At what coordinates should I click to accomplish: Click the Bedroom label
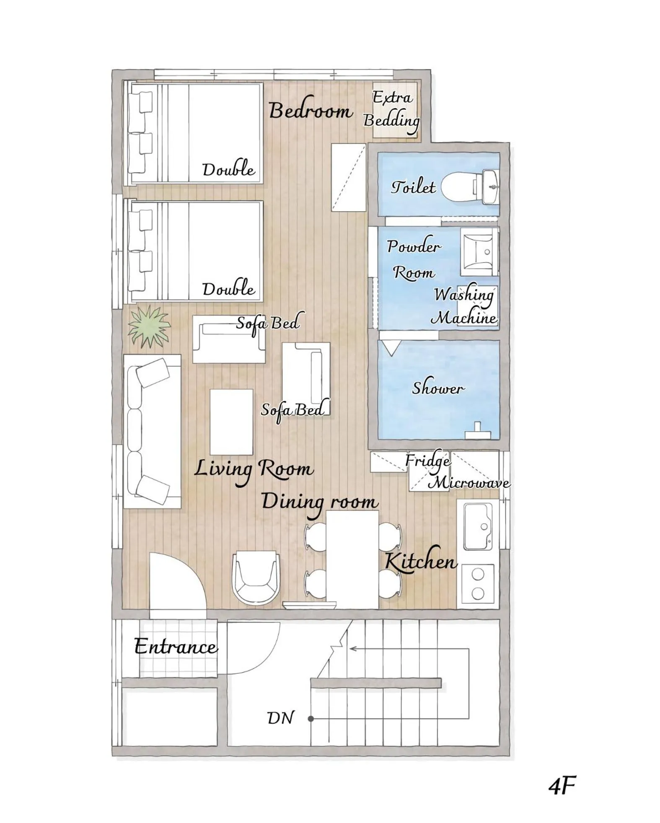(x=311, y=111)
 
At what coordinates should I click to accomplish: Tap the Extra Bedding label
(x=392, y=109)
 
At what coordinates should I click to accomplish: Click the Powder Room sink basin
(x=479, y=251)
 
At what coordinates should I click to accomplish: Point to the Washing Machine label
(x=464, y=306)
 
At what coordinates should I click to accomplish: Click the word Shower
(x=438, y=388)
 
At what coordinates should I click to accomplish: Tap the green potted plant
(x=149, y=326)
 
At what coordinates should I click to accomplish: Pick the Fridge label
(x=427, y=461)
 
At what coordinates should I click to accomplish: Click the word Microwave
(x=469, y=483)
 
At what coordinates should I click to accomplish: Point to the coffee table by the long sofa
(x=231, y=422)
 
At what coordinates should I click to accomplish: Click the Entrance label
(x=176, y=647)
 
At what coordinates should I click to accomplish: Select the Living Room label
(x=254, y=469)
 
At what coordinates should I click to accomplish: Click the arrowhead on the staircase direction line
(x=352, y=649)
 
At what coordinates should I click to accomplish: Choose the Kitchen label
(x=421, y=562)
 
